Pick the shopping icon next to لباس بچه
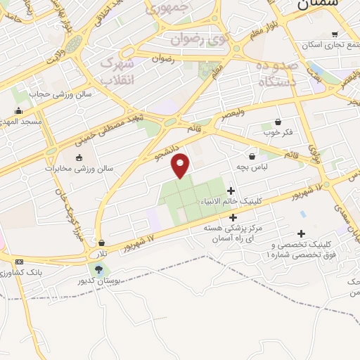coord(252,155)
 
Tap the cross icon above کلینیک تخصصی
coord(302,234)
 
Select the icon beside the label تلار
coord(102,243)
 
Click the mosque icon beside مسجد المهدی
coord(18,110)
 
